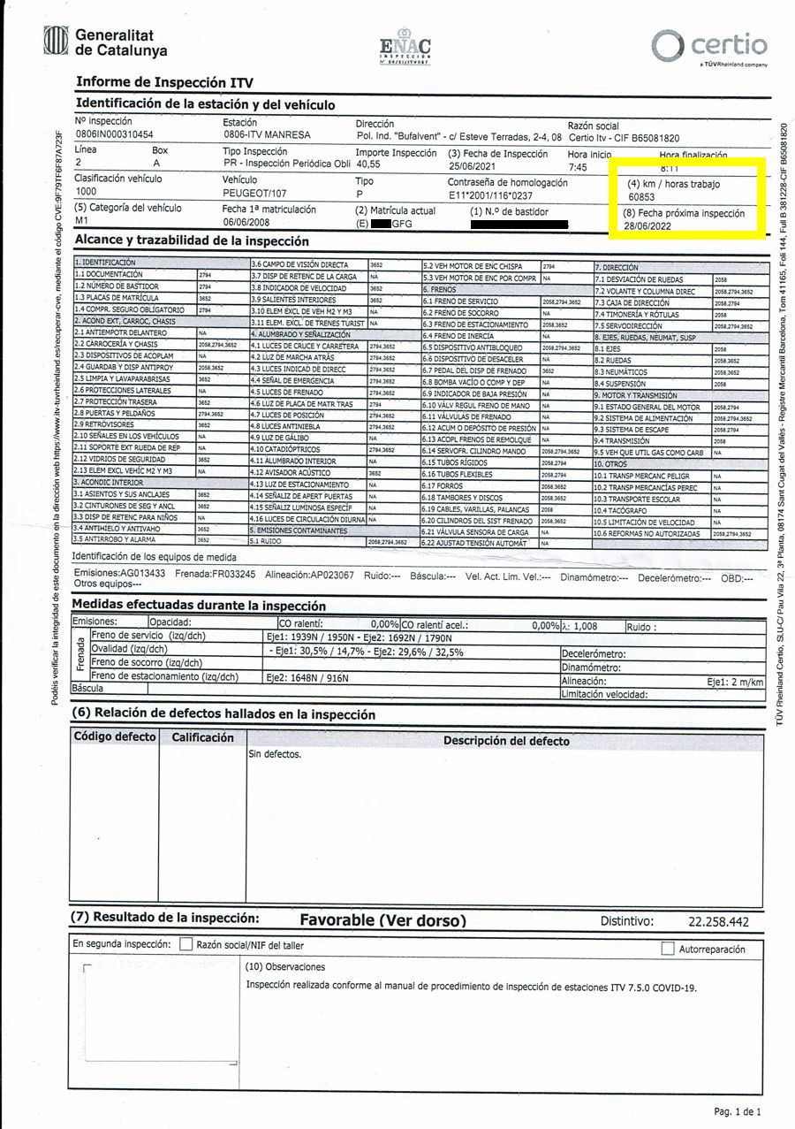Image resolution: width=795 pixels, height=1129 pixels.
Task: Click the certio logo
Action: (x=709, y=46)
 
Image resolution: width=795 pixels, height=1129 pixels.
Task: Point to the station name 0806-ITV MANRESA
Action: (x=267, y=135)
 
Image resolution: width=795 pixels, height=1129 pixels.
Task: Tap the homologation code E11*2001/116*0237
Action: (x=490, y=195)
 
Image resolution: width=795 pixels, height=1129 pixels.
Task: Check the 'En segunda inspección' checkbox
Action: (x=185, y=944)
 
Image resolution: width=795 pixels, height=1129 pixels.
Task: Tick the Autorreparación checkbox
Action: (x=668, y=949)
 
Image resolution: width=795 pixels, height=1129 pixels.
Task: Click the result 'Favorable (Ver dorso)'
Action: (x=382, y=920)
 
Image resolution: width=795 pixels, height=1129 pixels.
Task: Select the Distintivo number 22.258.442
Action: (x=718, y=922)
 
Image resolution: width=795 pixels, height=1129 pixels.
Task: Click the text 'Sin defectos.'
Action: (x=275, y=754)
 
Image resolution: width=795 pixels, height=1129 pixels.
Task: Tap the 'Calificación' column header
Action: (x=202, y=737)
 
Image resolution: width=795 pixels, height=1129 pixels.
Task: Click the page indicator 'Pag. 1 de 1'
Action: (x=737, y=1111)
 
